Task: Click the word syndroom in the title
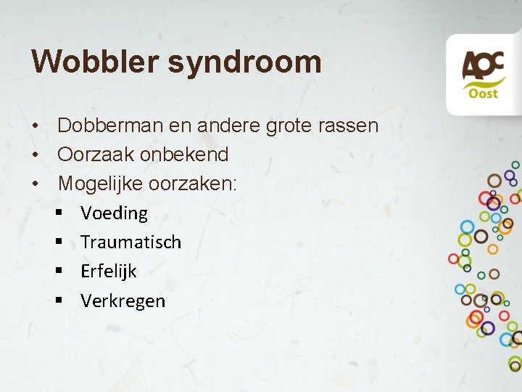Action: [245, 62]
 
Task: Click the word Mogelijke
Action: [100, 184]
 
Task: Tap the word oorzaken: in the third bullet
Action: [193, 184]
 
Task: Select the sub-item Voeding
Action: [114, 213]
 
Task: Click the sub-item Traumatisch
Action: [130, 242]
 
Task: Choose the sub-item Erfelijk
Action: [108, 271]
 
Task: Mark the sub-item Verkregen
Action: [123, 301]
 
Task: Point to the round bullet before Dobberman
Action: [35, 126]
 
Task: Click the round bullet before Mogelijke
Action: [35, 184]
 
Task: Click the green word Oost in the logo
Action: [484, 94]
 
